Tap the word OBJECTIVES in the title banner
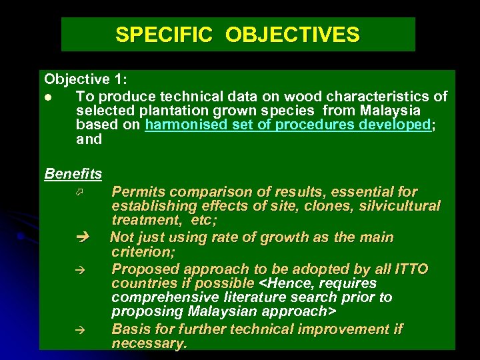293,35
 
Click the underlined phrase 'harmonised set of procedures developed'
288,125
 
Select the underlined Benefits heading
73,174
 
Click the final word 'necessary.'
149,344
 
